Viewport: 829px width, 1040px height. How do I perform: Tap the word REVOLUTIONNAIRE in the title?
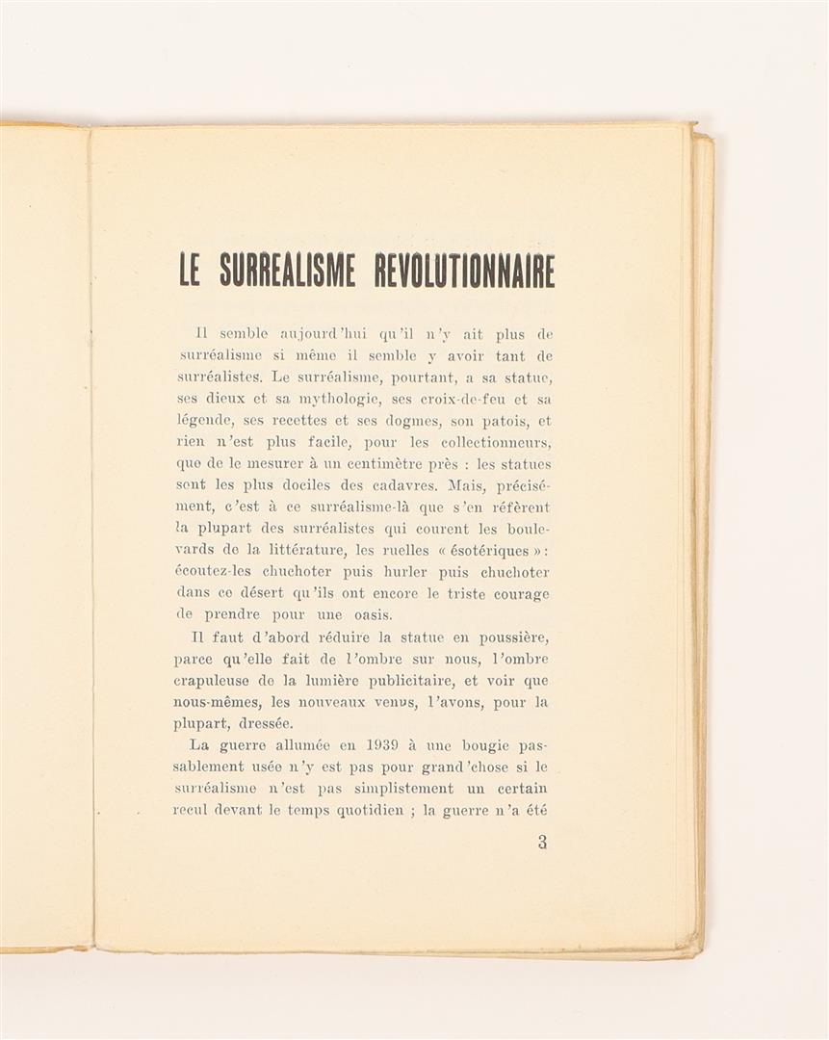464,270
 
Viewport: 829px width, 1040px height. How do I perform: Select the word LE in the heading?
190,270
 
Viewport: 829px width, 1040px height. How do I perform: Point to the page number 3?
542,843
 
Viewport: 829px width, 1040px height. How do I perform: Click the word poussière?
505,637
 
